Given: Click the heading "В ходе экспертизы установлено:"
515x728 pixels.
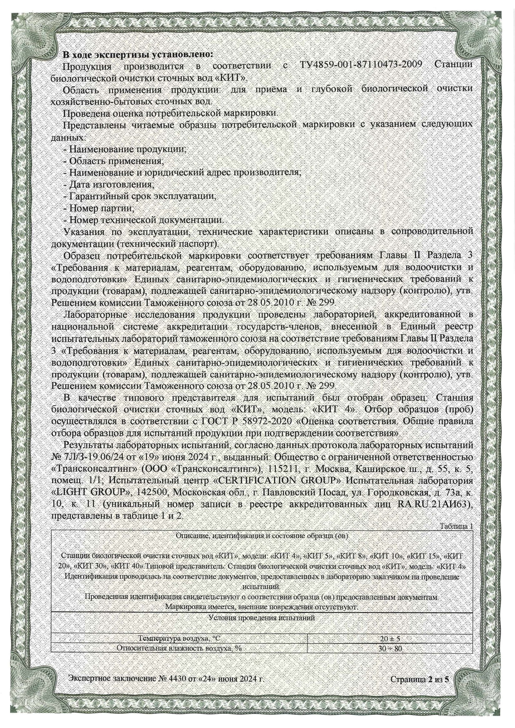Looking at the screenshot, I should (x=138, y=54).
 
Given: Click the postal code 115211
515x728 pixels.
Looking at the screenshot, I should (x=282, y=469).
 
